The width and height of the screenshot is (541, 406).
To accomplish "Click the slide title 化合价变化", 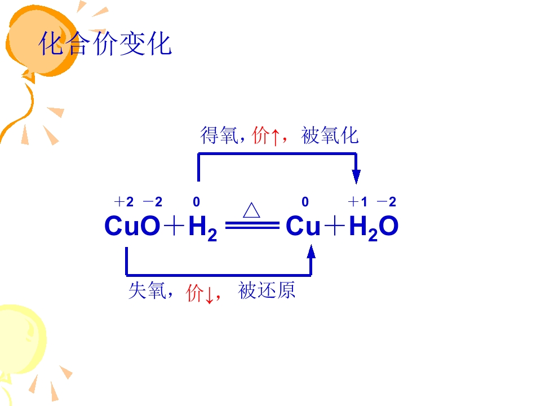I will coord(105,43).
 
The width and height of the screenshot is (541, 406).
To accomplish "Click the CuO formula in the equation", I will coord(132,227).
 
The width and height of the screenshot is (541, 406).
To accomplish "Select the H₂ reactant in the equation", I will coord(202,228).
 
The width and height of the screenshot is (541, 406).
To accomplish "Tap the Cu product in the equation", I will coord(303,227).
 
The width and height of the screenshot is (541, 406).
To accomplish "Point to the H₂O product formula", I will coord(374,227).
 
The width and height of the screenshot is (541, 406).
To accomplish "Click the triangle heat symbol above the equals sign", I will coord(251,210).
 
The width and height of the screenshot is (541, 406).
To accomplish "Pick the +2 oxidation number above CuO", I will coord(124,202).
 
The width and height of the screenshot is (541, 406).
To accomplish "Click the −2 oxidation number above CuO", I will coord(152,202).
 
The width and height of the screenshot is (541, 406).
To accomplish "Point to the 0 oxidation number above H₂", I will coord(196,202).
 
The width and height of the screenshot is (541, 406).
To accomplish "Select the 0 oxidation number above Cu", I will coord(305,202).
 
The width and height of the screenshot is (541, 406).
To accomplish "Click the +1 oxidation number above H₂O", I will coord(357,202).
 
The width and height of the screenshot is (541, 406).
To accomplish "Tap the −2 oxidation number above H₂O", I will coord(386,202).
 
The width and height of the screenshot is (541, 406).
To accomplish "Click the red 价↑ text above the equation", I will coord(266,136).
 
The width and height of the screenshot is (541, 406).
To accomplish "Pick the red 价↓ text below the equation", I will coord(200,292).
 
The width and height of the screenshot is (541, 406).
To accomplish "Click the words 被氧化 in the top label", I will coord(330,135).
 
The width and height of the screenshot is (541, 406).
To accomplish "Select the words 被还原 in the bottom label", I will coord(267,291).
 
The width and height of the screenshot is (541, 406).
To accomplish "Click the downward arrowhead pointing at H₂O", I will coord(356,176).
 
